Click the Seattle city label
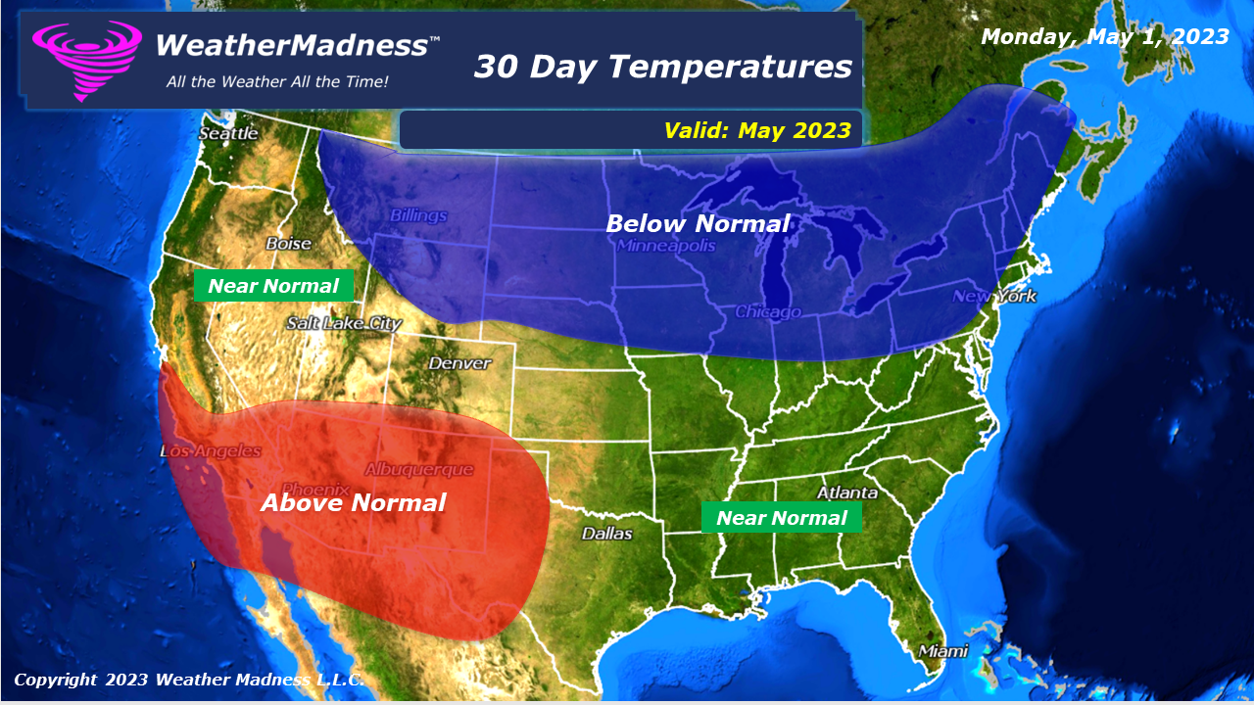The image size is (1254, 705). coord(228,133)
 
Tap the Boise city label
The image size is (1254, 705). coord(288,244)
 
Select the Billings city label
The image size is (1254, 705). coord(418,215)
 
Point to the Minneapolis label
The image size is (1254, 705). coord(666,246)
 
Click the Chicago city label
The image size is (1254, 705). coord(768,311)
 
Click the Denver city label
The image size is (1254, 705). coord(459,363)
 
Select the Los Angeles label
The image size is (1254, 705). coord(211,451)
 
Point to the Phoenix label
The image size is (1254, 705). coord(315,489)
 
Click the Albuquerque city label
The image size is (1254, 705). coord(419,470)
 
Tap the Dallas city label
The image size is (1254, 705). coord(606,534)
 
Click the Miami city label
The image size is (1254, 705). coord(942,651)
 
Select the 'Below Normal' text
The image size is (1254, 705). coord(698,224)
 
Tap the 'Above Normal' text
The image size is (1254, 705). coord(353,503)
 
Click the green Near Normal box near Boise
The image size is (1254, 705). coord(273,286)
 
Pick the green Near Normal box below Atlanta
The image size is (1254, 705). coord(781,518)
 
